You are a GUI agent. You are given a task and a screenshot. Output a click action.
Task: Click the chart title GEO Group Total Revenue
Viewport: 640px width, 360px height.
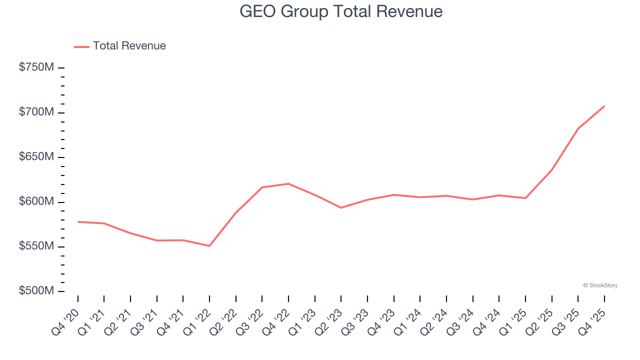point(341,11)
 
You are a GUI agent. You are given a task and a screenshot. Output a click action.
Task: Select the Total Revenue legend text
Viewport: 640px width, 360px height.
point(129,46)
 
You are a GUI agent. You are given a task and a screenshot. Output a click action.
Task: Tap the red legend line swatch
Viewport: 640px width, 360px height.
point(81,46)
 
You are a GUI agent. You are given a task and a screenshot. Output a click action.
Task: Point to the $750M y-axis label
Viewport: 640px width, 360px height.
point(36,67)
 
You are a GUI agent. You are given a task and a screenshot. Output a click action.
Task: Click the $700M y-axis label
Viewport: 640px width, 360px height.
point(36,112)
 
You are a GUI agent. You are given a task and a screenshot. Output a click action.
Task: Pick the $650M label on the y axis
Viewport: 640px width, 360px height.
point(36,157)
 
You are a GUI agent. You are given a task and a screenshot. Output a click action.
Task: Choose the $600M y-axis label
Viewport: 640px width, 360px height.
point(36,201)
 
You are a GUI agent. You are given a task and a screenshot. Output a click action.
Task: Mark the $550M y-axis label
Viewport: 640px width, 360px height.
point(36,246)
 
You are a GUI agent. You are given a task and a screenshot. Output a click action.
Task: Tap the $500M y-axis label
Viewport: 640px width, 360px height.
point(36,291)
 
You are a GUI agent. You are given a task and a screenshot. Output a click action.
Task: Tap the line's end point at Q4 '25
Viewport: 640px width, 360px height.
point(604,106)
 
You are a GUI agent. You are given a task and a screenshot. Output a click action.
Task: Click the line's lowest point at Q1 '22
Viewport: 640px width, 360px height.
point(209,245)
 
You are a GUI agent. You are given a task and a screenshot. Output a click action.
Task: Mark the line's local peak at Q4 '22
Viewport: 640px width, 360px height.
point(288,183)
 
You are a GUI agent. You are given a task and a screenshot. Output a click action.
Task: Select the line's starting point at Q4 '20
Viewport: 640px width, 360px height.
point(78,221)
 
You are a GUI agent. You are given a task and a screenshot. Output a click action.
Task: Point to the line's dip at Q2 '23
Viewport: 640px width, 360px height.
point(341,207)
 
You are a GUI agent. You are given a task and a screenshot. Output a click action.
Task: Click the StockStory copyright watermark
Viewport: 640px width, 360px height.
point(600,285)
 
